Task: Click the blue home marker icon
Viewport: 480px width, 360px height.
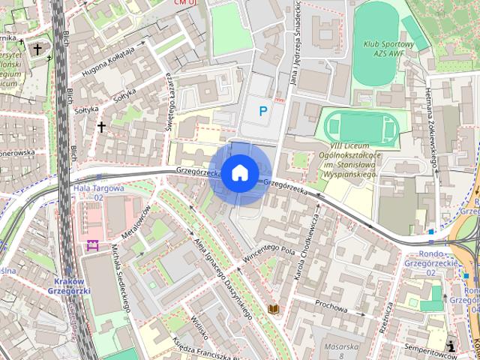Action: pyautogui.click(x=239, y=172)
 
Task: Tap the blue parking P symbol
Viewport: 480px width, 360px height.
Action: pyautogui.click(x=262, y=112)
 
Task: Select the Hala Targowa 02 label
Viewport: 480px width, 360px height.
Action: pyautogui.click(x=98, y=193)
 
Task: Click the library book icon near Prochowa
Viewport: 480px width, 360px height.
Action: pyautogui.click(x=274, y=309)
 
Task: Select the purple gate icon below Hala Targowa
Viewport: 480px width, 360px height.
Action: pyautogui.click(x=94, y=245)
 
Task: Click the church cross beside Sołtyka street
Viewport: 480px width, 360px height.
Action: pyautogui.click(x=101, y=127)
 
